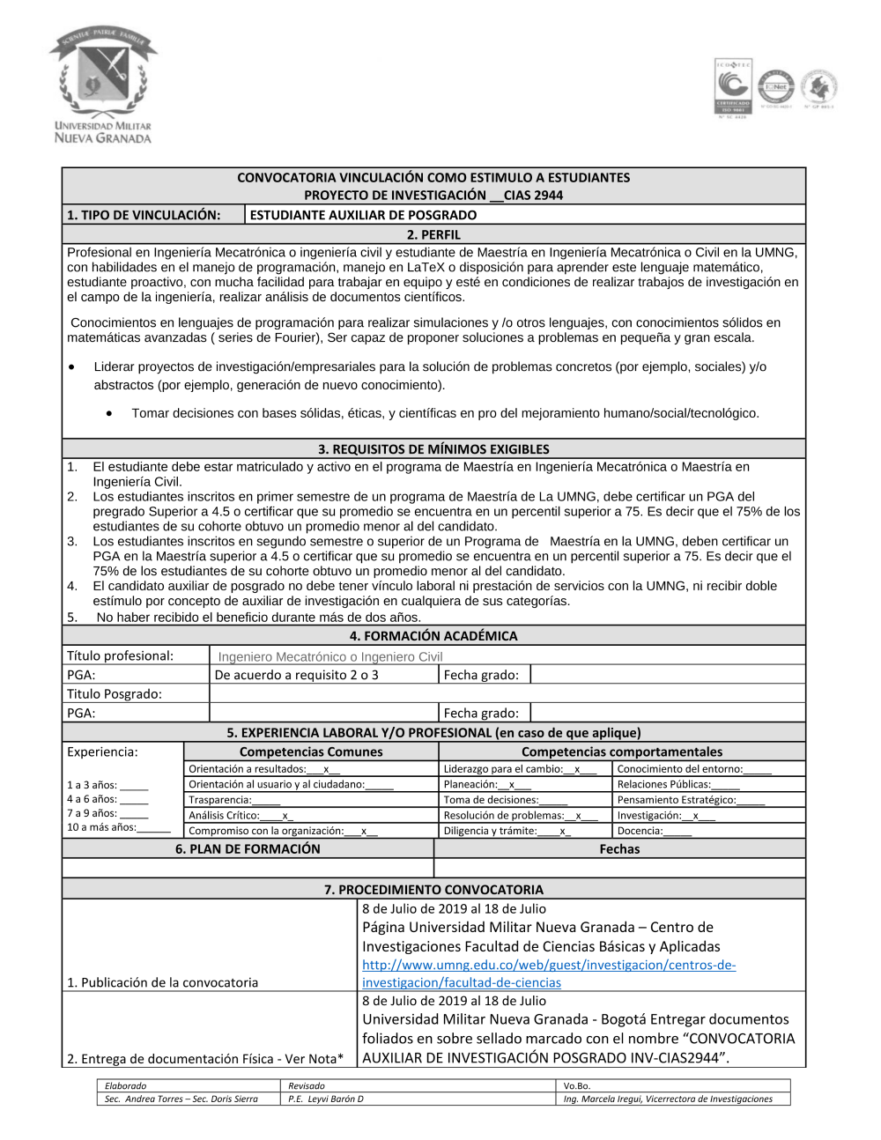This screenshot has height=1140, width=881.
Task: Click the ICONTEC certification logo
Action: pos(733,87)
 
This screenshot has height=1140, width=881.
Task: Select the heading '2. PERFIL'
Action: pos(433,234)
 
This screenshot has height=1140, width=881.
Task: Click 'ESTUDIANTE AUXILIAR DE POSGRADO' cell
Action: pos(363,215)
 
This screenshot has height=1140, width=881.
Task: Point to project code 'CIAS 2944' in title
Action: pos(532,196)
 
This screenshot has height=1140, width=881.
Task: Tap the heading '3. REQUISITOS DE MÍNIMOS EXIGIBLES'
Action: pos(433,449)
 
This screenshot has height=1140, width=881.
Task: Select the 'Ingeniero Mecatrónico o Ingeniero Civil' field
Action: pos(330,656)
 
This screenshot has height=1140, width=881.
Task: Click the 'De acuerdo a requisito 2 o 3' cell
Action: pos(297,675)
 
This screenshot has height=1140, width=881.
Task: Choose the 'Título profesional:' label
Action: pos(121,655)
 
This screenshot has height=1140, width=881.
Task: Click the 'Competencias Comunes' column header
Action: pos(311,751)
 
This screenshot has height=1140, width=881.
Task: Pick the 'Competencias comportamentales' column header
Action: pos(622,751)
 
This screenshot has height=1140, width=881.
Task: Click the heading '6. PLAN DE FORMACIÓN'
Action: pos(248,849)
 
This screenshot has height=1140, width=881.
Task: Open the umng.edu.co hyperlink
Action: pos(548,973)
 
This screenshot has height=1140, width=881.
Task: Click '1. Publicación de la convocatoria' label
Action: pos(163,982)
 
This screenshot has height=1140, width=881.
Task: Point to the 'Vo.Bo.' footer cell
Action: pos(577,1086)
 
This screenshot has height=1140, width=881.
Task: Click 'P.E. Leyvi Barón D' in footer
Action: pos(326,1099)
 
